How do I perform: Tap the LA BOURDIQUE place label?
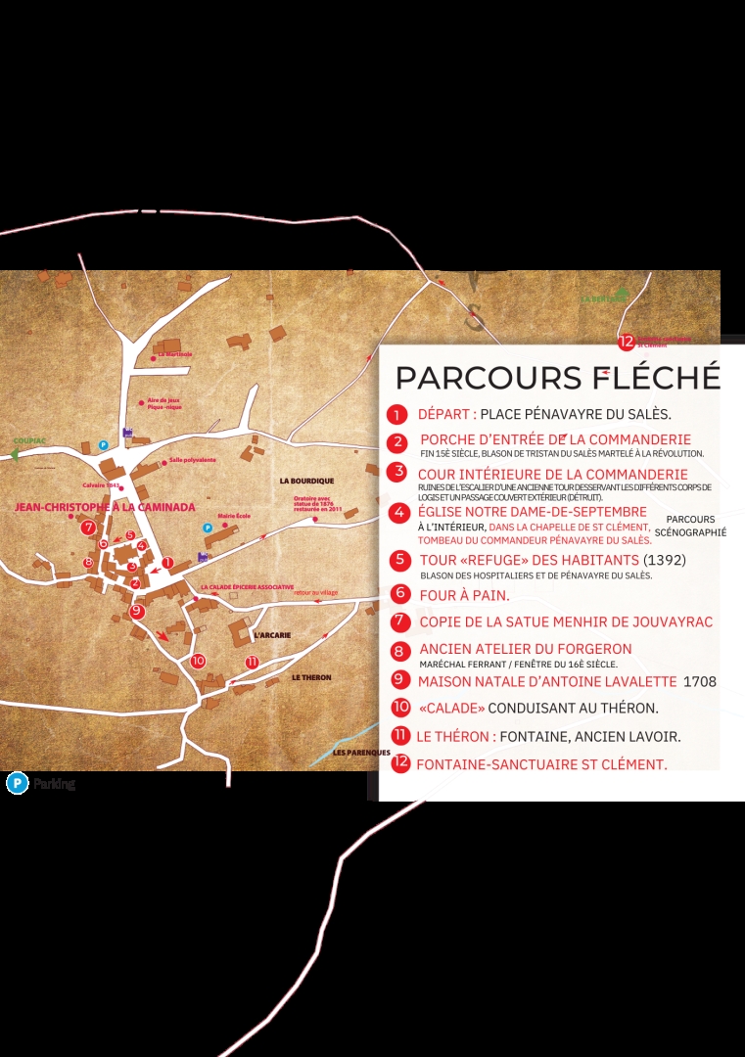coord(306,481)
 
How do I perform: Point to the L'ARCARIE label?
coord(271,635)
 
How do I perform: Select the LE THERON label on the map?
coord(311,677)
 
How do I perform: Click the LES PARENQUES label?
coord(354,753)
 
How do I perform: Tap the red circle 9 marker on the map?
coord(137,611)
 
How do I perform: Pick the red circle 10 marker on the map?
coord(198,661)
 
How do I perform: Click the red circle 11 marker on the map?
coord(252,662)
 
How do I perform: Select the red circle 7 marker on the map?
coord(89,528)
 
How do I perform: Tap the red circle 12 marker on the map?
coord(627,342)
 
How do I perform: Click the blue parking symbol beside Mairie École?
coord(207,528)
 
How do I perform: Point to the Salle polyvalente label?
coord(192,459)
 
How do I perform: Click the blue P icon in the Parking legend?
coord(17,783)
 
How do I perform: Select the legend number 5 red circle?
coord(398,561)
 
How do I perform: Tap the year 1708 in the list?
coord(699,681)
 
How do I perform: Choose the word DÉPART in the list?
coord(446,414)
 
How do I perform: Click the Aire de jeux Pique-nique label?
coord(164,403)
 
